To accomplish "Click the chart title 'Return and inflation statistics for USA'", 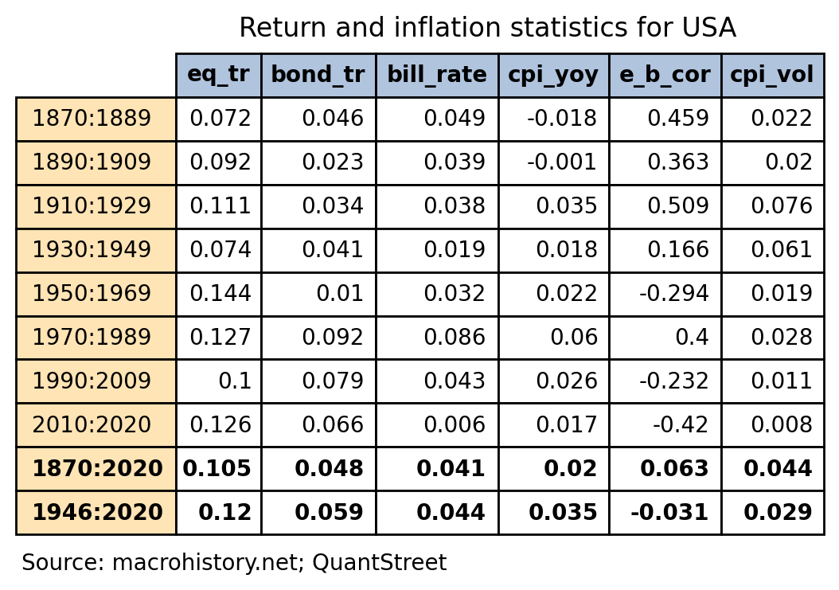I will click(487, 29).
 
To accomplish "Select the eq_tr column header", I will click(218, 75).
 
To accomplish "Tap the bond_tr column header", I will click(318, 75).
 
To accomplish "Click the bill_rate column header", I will click(436, 75).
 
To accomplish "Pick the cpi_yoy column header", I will click(553, 75).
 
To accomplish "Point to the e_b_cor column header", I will click(665, 75).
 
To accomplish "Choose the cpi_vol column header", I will click(772, 75).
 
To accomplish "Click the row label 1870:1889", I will click(92, 119).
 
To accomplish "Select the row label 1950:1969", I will click(92, 294).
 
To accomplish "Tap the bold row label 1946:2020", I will click(97, 513).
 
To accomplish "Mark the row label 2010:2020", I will click(92, 425).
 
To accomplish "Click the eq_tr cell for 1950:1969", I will click(220, 294).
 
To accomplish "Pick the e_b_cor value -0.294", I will click(674, 294).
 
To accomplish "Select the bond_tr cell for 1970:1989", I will click(333, 338).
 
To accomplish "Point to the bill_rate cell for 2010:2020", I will click(455, 425).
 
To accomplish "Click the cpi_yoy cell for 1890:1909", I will click(562, 162).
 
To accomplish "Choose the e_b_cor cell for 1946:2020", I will click(669, 513).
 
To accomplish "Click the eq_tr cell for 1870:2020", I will click(217, 469).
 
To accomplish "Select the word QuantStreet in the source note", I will click(380, 563).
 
